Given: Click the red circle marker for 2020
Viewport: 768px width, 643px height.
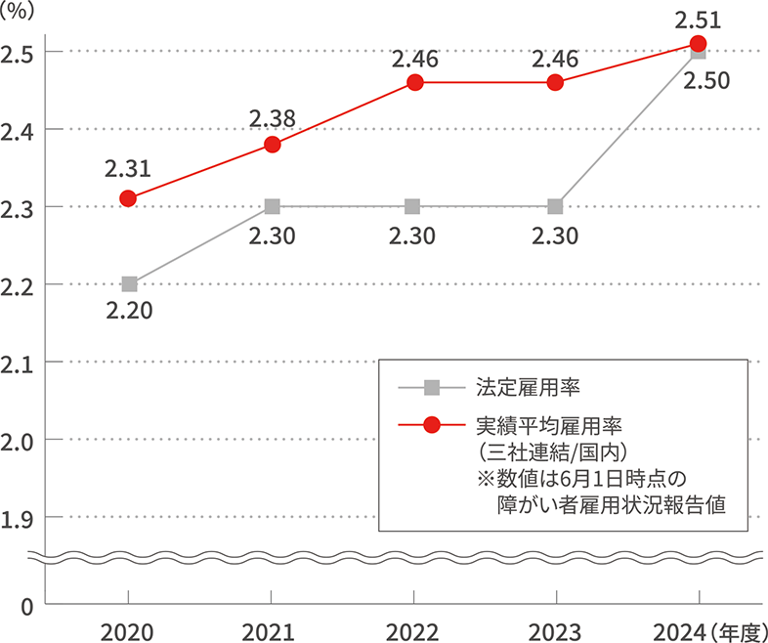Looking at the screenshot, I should [128, 198].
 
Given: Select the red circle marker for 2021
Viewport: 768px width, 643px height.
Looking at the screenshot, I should [273, 145].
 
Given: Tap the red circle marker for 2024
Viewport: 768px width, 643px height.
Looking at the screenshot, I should [698, 43].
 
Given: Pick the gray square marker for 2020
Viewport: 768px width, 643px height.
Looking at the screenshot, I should [129, 284].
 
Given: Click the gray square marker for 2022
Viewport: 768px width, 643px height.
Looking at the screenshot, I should [412, 207].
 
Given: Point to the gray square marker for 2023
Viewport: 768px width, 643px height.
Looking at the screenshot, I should [555, 207].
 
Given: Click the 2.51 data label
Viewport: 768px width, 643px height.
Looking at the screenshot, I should [698, 18].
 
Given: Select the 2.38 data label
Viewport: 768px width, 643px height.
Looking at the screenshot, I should [273, 118].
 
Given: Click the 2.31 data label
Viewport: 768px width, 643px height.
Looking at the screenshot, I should [128, 169].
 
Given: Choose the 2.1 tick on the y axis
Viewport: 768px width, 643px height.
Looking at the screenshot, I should [17, 363].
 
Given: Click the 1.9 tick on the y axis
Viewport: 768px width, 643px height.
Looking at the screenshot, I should [17, 518].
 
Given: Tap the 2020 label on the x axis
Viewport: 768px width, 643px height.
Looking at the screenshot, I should [129, 630].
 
